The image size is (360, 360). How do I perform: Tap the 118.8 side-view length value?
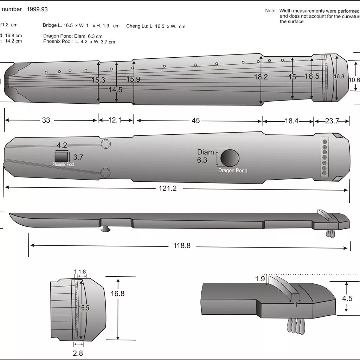coord(182,246)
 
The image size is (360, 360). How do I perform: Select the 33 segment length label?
coord(46,120)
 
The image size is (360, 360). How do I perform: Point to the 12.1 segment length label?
coord(115,120)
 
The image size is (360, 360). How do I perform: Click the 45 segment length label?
coord(195,121)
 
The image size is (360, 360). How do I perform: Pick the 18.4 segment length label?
coord(291,121)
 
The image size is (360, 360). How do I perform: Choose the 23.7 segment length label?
coord(332,121)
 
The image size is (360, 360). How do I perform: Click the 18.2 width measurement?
coord(261,77)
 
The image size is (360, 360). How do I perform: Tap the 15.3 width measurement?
coord(98,80)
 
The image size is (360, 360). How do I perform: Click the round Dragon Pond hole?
coord(230,158)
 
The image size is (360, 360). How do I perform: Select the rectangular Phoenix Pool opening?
coord(61,156)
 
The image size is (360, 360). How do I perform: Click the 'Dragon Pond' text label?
coord(232,171)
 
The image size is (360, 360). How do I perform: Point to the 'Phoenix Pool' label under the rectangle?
coord(63,165)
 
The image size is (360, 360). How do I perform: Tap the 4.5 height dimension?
coord(347,298)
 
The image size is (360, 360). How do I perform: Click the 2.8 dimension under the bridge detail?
coord(78,353)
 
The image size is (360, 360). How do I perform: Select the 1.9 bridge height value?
coord(260,279)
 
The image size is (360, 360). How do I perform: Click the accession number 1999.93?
coord(37,9)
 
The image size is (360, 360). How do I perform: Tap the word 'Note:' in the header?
coord(271,11)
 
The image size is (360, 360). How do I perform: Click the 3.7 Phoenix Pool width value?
coord(78,157)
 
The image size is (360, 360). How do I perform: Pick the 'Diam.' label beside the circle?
coord(206,152)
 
